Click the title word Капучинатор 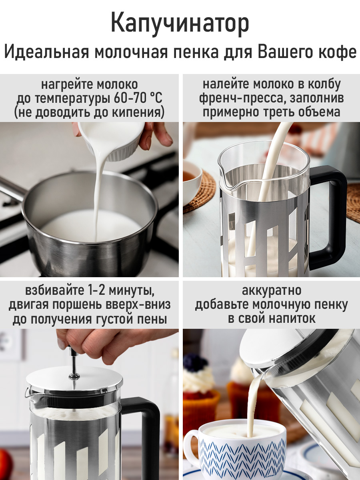[180, 24]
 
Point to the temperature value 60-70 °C [138, 98]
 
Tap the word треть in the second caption [281, 112]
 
